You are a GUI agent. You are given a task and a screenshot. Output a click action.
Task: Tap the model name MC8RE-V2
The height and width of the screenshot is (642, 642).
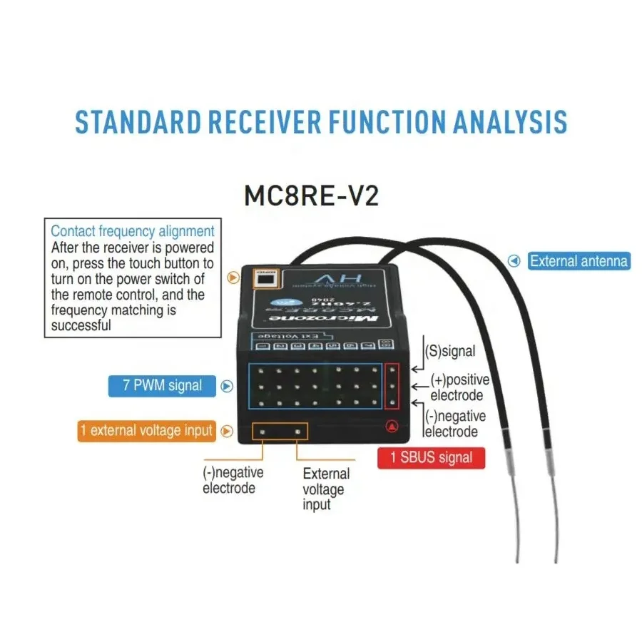pos(311,195)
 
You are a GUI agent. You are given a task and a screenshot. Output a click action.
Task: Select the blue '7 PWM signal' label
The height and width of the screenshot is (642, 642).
pos(162,386)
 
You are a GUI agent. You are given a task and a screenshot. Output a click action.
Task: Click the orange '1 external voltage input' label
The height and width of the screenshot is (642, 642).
pos(146,430)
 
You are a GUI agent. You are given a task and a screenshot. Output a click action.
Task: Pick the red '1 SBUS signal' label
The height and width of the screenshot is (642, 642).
pos(431,457)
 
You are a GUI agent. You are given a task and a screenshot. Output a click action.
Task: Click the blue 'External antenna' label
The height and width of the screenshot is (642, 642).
pos(579,261)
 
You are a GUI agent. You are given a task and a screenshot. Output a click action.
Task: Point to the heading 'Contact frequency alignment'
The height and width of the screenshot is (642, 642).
pos(133,231)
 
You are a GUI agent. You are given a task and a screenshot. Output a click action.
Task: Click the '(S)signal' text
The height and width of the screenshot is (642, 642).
pos(449,351)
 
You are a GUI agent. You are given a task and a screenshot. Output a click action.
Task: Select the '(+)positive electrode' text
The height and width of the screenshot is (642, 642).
pos(459,387)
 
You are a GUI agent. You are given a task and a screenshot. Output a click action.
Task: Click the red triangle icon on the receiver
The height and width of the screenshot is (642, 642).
pos(391,427)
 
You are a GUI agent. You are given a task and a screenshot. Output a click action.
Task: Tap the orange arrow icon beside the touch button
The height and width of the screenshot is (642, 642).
pos(233,278)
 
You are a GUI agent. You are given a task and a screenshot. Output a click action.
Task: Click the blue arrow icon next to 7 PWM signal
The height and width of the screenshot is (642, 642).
pos(227,387)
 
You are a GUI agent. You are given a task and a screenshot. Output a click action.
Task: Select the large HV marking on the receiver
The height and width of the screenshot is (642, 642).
pos(325,277)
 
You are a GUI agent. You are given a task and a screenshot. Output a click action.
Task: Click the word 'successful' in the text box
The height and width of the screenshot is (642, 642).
pos(81,326)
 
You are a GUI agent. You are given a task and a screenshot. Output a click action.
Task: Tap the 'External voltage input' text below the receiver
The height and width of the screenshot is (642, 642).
pos(325,489)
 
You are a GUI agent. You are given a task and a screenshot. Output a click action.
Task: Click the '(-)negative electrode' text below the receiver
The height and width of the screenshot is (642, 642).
pos(233,480)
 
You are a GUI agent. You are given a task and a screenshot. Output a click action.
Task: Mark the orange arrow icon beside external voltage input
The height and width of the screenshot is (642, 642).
pos(227,431)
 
